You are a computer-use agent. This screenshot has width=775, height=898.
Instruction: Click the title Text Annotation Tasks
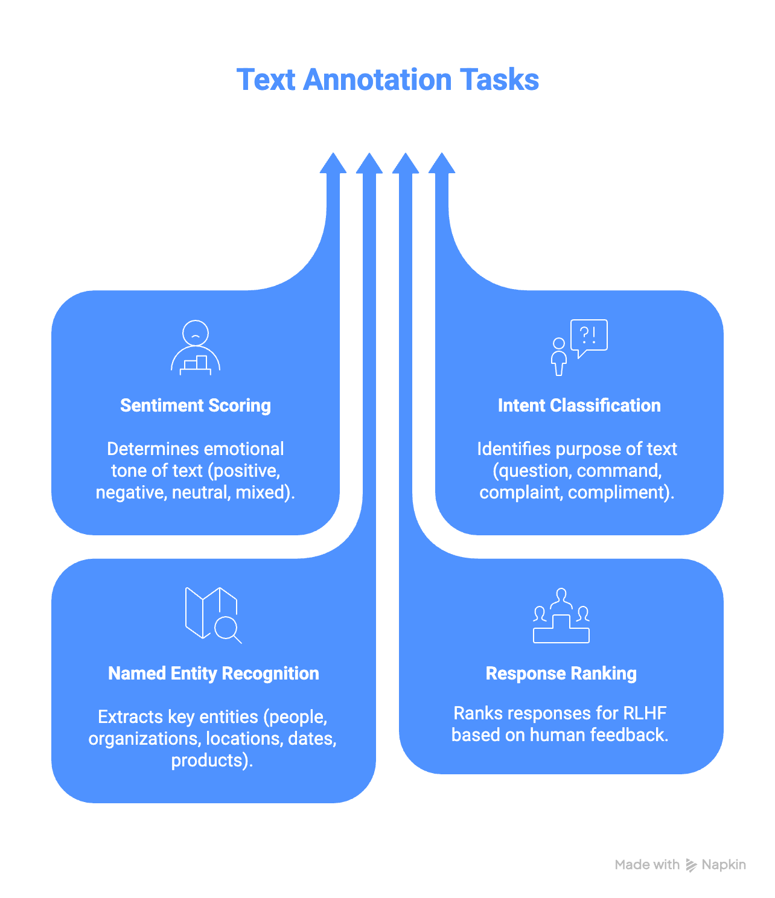[387, 80]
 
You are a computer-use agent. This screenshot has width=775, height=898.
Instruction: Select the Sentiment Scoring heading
[196, 406]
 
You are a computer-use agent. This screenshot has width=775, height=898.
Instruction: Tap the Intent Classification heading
[579, 406]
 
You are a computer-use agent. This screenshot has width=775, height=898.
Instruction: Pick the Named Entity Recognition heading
[213, 673]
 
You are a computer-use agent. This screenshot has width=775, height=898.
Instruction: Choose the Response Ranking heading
[561, 673]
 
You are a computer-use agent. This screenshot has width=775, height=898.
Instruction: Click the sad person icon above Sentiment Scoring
[196, 348]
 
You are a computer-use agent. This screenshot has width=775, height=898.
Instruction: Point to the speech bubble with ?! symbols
[588, 336]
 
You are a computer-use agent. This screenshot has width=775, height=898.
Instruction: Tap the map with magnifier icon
[213, 614]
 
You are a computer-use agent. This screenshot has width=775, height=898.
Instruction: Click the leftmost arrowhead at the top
[333, 164]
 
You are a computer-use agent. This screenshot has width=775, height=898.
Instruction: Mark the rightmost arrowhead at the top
[442, 164]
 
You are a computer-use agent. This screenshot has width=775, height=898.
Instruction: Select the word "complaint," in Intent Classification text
[521, 492]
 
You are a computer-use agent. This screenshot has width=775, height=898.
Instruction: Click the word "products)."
[212, 760]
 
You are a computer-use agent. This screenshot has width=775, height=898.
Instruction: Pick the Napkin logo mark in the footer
[691, 865]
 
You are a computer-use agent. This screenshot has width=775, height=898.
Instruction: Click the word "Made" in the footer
[632, 865]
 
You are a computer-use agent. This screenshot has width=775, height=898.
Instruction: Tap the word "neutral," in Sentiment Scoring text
[201, 492]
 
